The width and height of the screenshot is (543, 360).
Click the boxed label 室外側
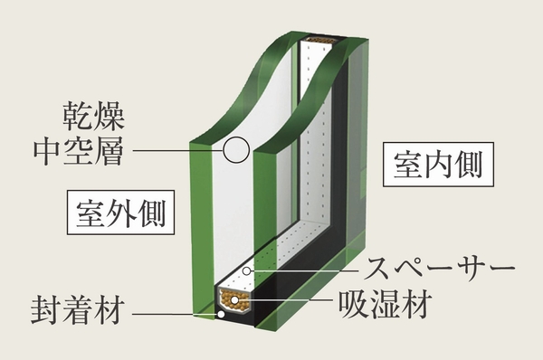coord(121,214)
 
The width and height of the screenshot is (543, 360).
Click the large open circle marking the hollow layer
coord(236,150)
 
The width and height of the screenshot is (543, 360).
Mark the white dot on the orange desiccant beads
coord(236,298)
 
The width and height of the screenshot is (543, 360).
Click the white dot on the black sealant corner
coord(220,316)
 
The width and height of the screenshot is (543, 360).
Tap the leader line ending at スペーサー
coord(308,270)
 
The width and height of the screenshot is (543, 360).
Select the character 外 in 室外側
coord(121,214)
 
